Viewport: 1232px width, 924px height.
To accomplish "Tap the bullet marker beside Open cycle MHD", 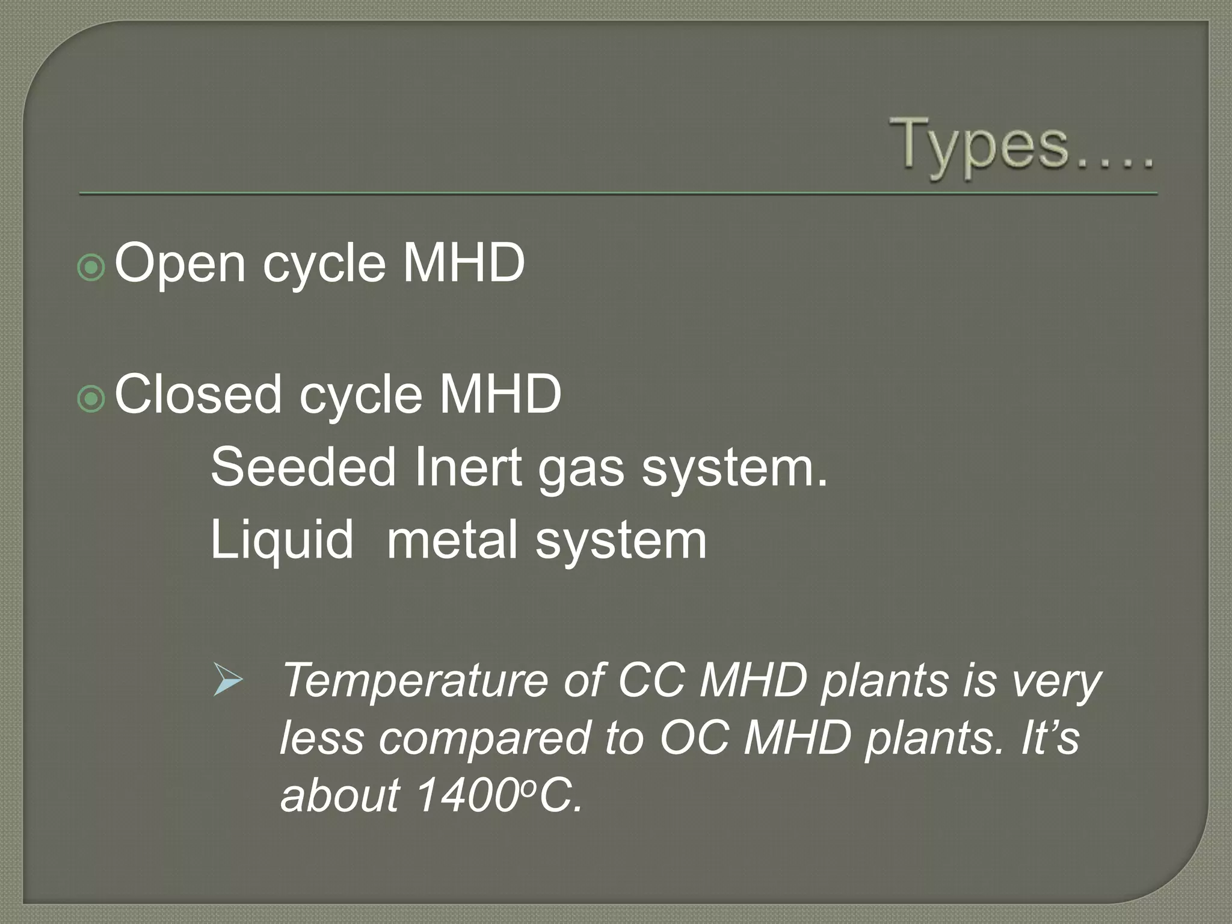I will tap(91, 268).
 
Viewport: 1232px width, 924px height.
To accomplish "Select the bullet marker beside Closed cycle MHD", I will tap(91, 399).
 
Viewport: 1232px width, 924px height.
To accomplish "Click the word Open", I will tap(180, 263).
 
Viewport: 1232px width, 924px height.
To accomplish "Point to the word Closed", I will tap(198, 394).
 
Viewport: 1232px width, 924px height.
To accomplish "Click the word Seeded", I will tap(303, 467).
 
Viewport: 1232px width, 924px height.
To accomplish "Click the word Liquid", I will tap(282, 540).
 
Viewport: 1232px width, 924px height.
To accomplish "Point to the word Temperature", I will tap(415, 681).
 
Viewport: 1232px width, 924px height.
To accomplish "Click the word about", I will tap(340, 795).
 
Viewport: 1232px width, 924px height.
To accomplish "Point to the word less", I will tap(322, 739).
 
